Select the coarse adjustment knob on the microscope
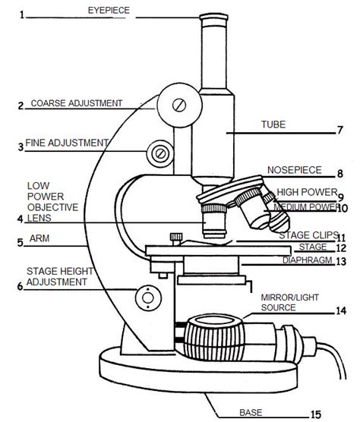tap(178, 104)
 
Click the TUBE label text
tap(273, 125)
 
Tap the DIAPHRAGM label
tap(313, 247)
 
